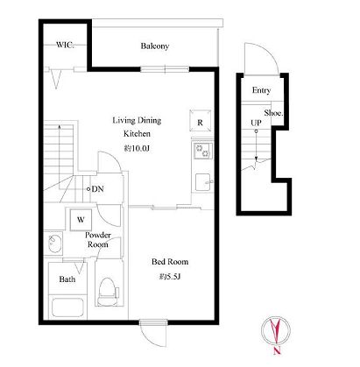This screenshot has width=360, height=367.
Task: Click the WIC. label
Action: click(65, 45)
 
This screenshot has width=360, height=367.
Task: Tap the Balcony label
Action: click(155, 46)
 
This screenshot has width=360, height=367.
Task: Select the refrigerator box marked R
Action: click(200, 121)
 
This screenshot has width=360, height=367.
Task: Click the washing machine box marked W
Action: click(81, 220)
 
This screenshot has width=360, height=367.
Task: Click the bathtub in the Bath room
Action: click(68, 307)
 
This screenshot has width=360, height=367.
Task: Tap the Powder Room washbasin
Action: click(54, 243)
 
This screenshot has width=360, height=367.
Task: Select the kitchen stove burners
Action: click(203, 151)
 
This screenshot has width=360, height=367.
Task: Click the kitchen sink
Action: click(203, 182)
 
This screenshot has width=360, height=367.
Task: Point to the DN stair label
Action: click(95, 189)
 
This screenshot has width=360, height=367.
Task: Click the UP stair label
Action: click(256, 123)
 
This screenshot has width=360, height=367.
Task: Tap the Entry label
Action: click(261, 90)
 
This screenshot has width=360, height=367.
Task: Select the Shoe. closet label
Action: click(273, 113)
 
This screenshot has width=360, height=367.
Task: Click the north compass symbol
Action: click(276, 330)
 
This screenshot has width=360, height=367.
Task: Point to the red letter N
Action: click(277, 350)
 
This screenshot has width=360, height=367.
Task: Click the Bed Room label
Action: click(170, 262)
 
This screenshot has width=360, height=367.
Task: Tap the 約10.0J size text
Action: click(137, 148)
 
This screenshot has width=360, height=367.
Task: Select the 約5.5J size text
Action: click(170, 276)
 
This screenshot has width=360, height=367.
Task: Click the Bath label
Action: click(67, 279)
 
